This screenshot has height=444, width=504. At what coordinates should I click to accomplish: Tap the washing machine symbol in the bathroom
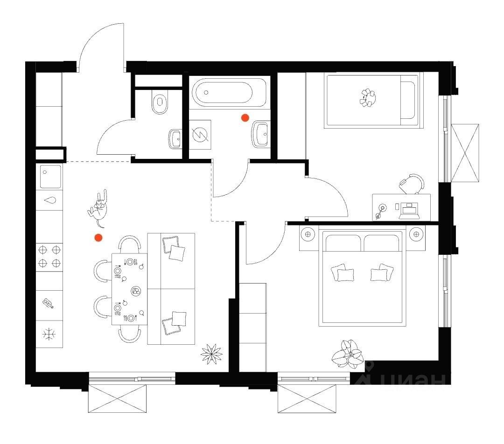click(200, 135)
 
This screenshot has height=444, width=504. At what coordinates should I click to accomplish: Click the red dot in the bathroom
click(245, 118)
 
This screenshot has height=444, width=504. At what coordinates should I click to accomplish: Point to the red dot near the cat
click(98, 238)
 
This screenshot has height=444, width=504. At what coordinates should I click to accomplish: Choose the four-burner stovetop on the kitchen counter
click(49, 255)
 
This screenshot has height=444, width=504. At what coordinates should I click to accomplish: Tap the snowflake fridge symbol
click(49, 334)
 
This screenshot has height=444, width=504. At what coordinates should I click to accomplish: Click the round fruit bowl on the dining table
click(136, 291)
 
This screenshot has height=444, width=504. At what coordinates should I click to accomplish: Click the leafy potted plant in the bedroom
click(347, 352)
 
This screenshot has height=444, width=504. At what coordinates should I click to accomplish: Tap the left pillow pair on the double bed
click(342, 273)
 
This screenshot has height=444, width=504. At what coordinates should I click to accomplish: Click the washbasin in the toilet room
click(175, 138)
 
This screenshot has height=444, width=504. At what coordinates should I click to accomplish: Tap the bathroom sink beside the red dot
click(260, 134)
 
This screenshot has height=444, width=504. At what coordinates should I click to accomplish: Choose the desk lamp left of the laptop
click(382, 209)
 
